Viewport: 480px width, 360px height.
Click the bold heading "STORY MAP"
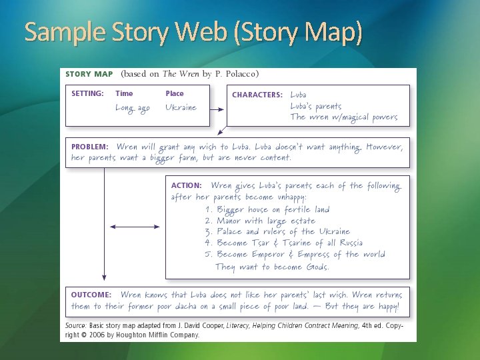tap(88, 74)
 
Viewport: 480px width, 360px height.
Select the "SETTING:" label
tap(87, 94)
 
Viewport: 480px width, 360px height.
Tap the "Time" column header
tap(124, 94)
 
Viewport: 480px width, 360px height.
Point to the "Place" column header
tap(175, 94)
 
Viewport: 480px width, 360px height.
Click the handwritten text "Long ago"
tap(133, 108)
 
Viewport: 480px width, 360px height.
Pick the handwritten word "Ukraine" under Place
tap(181, 108)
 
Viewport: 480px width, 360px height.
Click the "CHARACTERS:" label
tap(257, 95)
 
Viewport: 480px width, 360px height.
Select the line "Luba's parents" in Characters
tap(316, 106)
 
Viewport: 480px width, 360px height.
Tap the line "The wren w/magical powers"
tap(343, 117)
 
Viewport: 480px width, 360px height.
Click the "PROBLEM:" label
tap(90, 147)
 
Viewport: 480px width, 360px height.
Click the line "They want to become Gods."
tap(272, 267)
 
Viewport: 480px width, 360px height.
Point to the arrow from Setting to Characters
tap(216, 108)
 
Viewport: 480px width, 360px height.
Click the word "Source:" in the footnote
tap(75, 325)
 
